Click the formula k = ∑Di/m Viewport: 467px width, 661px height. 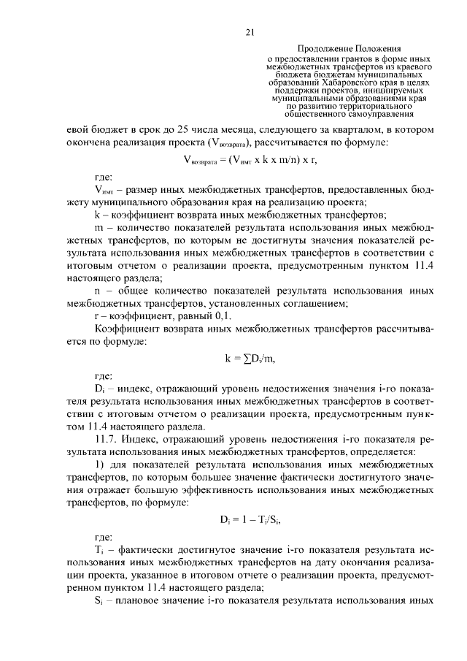[249, 359]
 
